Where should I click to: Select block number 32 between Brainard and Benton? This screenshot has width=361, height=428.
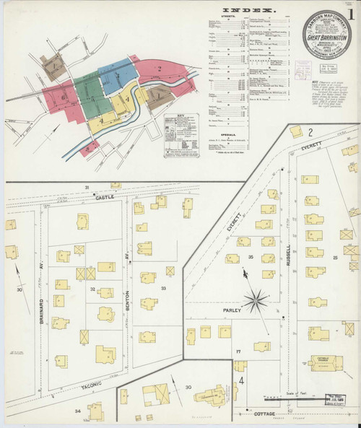92,289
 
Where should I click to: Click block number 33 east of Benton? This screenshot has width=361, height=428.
163,288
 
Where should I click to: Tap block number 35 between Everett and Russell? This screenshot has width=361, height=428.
251,257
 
